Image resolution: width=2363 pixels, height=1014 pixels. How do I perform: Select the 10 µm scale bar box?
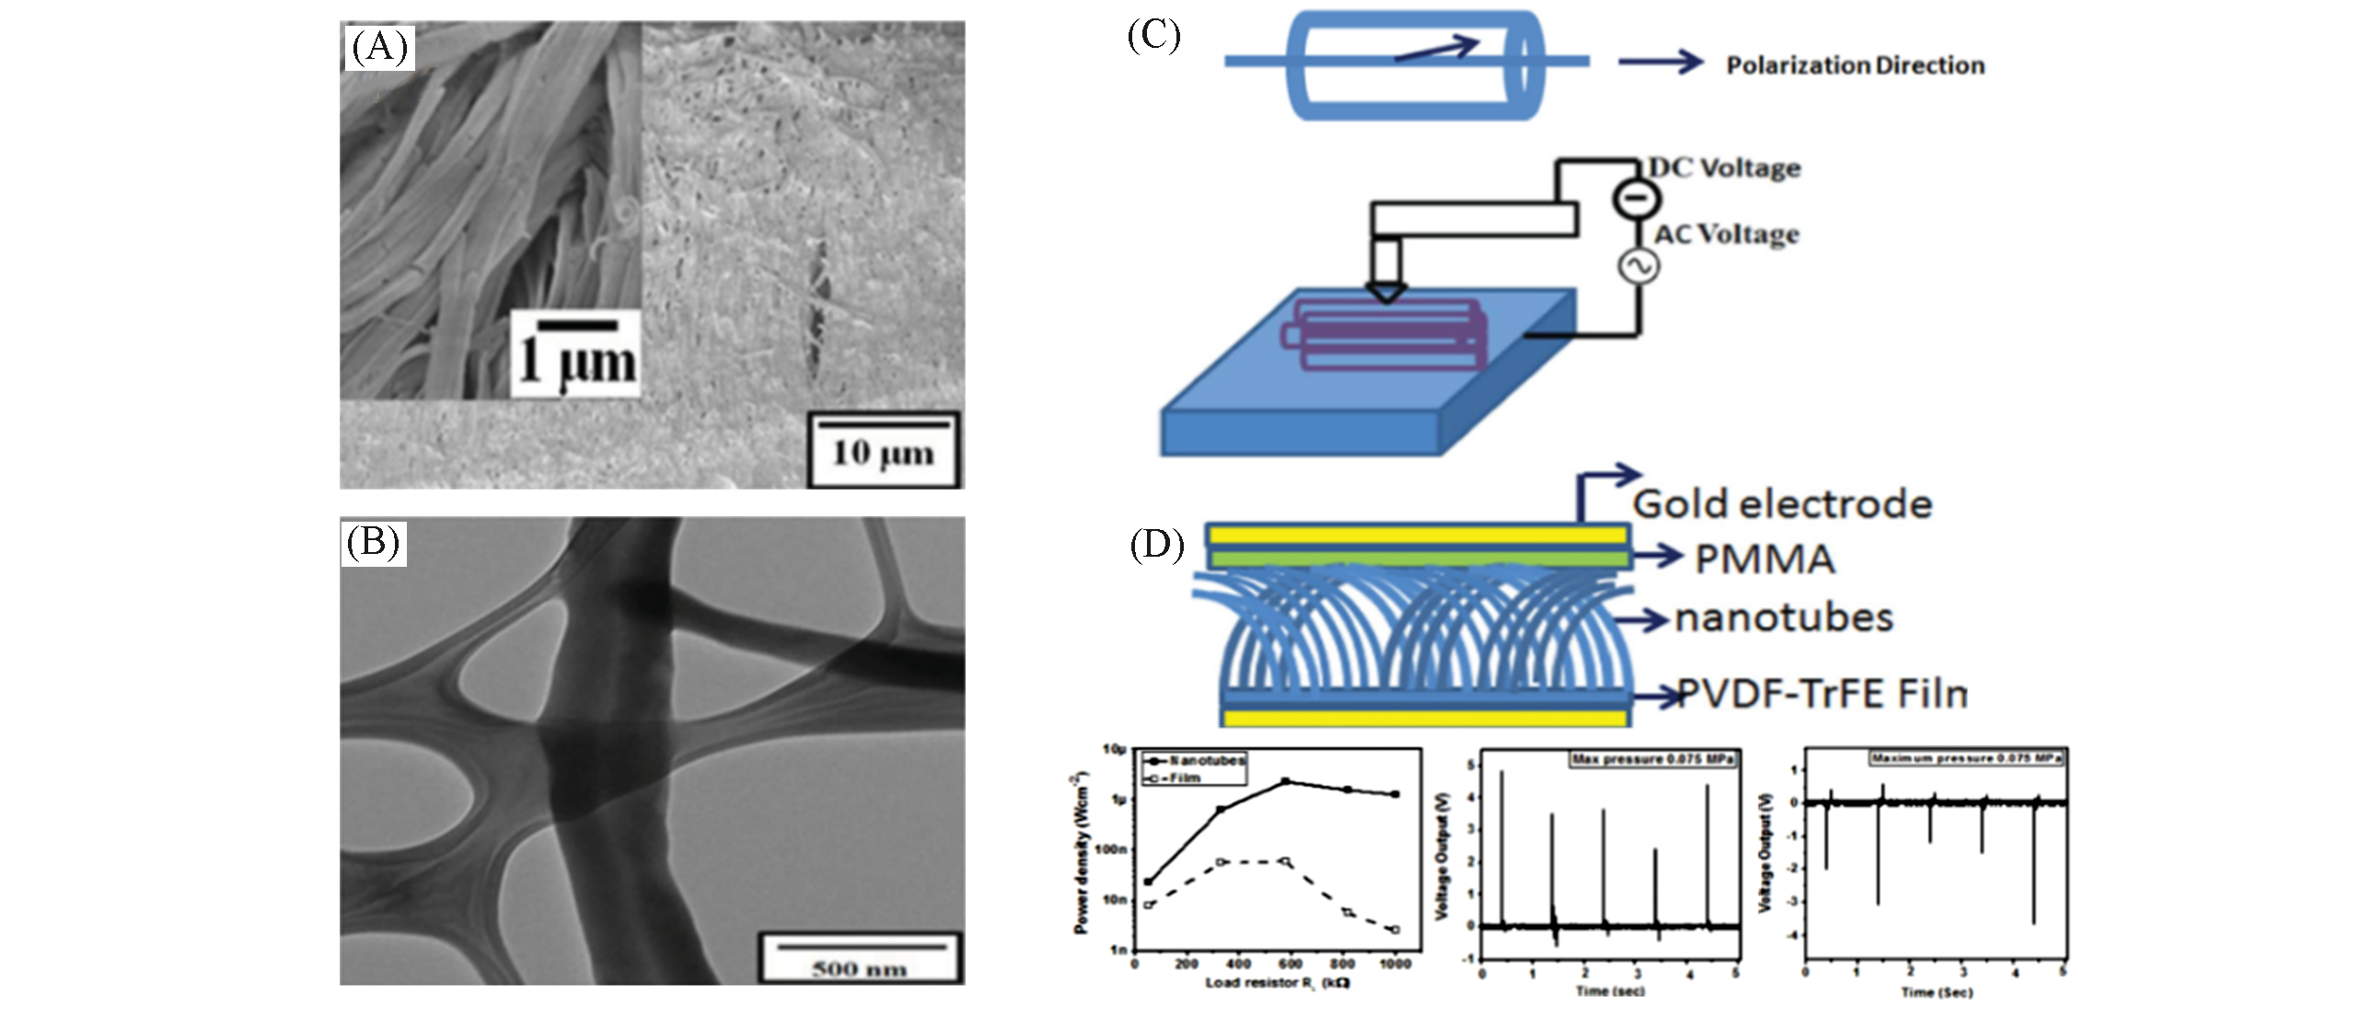point(883,450)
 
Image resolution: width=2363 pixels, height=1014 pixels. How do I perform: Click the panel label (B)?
point(373,543)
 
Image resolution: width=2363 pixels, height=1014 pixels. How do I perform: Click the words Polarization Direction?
point(1854,66)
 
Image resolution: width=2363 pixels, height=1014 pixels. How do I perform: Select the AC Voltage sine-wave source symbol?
point(1639,267)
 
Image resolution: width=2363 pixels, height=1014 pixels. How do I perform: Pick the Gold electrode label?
point(1782,504)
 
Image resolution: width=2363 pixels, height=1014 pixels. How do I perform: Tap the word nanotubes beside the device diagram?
point(1783,617)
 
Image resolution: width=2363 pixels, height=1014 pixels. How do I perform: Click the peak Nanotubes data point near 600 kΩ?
point(1286,782)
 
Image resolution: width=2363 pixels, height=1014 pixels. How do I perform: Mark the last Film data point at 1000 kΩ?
point(1396,930)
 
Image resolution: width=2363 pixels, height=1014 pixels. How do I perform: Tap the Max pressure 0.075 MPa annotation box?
point(1653,759)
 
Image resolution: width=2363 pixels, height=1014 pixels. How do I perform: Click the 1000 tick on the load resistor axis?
point(1396,963)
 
